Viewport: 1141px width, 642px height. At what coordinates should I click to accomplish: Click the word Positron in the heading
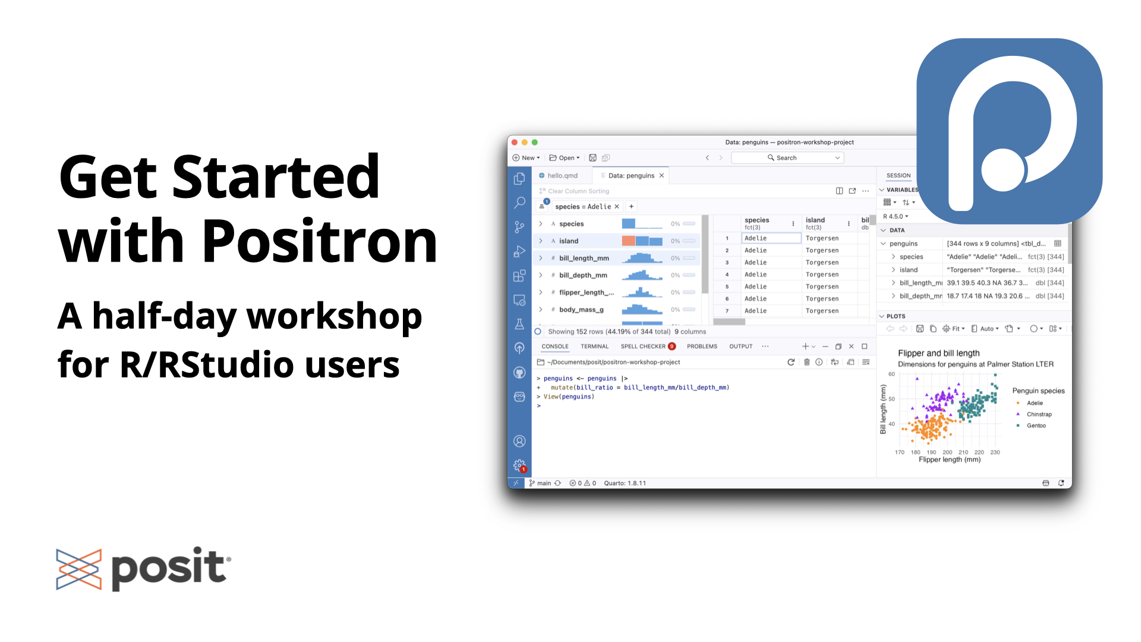tap(320, 241)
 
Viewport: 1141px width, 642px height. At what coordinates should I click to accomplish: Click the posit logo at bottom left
tap(143, 569)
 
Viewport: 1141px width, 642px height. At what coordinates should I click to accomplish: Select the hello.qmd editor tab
tap(562, 176)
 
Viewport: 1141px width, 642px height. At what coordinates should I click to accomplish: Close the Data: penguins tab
tap(661, 176)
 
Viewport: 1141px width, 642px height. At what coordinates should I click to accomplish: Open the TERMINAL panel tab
tap(594, 347)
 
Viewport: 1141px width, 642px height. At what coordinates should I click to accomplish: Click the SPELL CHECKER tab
tap(643, 347)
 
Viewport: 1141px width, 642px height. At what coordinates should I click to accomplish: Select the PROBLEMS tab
tap(702, 347)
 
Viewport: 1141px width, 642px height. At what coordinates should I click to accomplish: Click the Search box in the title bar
tap(787, 158)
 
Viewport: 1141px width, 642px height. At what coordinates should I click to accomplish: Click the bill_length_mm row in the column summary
tap(584, 259)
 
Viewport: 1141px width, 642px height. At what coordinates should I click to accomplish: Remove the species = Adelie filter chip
tap(617, 207)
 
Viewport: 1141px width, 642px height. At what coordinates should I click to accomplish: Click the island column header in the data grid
tap(815, 221)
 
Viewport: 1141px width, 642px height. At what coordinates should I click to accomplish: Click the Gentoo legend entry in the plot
tap(1036, 426)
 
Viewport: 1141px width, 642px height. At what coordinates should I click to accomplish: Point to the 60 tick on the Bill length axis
tap(891, 374)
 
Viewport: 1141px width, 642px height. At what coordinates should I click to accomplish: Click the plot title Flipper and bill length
tap(938, 353)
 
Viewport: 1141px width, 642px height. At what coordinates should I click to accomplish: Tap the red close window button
tap(515, 143)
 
